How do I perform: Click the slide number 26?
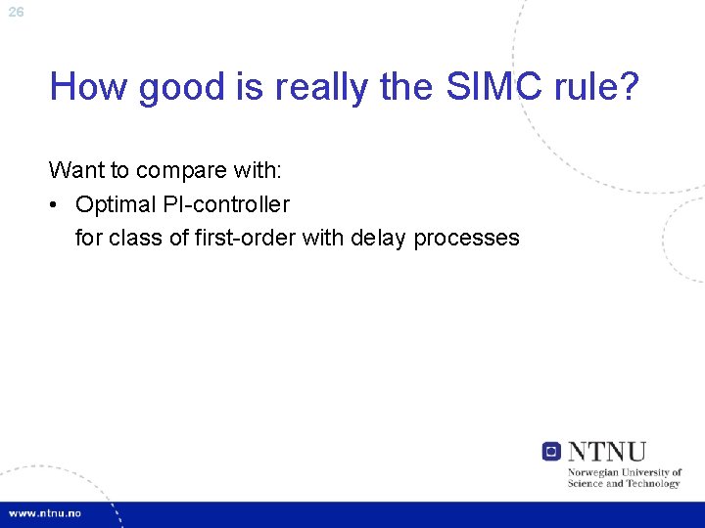coord(16,12)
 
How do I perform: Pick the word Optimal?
coord(114,204)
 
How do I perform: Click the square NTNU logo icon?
coord(552,451)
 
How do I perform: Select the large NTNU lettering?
coord(607,451)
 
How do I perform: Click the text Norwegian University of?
coord(624,472)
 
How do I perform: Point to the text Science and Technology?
coord(623,483)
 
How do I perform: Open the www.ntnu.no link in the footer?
coord(45,513)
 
